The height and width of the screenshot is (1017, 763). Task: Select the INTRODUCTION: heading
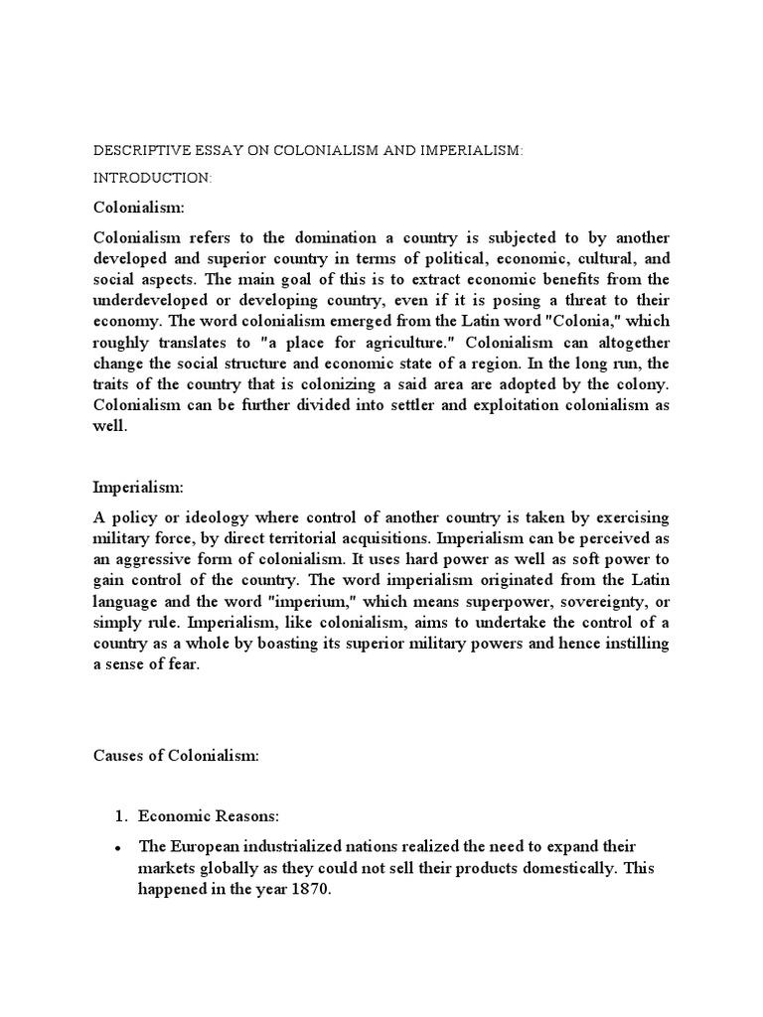138,178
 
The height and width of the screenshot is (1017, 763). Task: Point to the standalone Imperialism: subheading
138,487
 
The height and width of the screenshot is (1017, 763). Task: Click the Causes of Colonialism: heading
176,756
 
